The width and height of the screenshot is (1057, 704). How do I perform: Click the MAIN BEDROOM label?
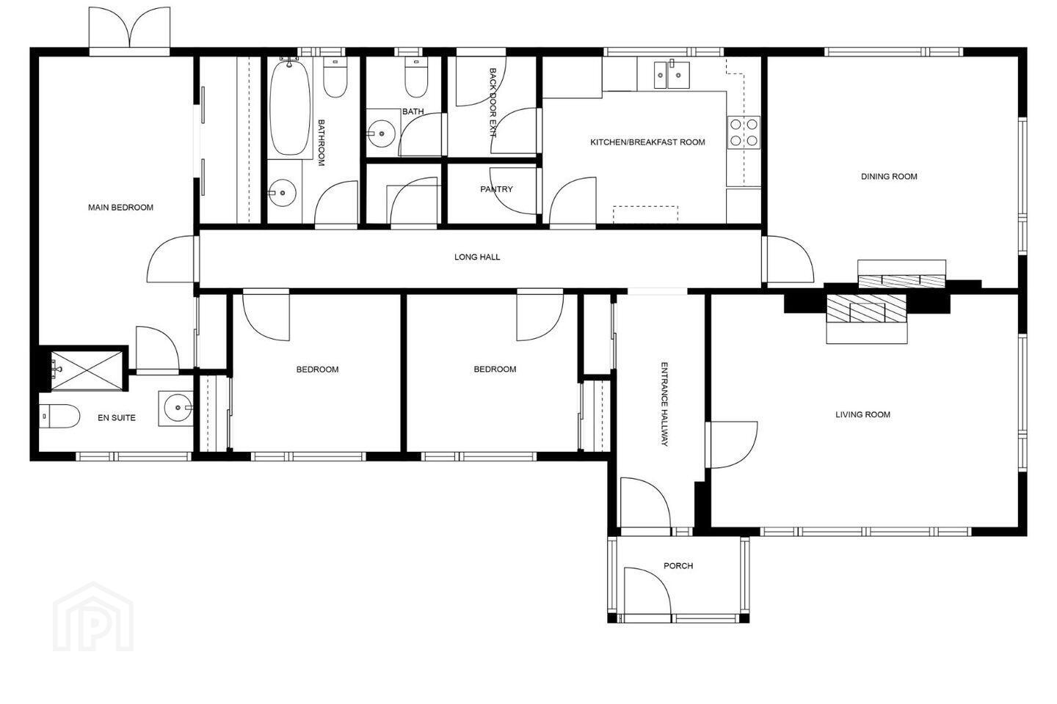(120, 208)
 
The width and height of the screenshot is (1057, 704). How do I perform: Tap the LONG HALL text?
(477, 257)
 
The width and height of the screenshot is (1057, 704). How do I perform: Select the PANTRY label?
(496, 189)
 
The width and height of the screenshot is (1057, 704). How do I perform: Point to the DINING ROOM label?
(889, 177)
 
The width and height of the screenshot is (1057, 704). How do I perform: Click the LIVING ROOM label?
(862, 415)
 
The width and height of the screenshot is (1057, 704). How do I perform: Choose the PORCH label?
(678, 566)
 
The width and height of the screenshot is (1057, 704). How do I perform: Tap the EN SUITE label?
(117, 418)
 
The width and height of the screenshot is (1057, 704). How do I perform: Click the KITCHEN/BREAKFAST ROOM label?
(647, 142)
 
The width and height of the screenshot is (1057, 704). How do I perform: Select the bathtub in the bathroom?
(290, 108)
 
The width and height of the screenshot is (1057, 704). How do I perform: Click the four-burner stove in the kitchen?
(744, 133)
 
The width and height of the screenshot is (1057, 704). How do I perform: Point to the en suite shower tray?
(87, 371)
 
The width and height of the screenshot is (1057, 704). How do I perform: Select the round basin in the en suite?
(176, 408)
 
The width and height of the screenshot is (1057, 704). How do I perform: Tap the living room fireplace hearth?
(867, 319)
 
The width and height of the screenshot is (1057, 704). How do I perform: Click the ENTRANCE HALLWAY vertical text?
(664, 404)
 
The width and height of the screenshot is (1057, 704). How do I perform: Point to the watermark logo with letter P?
(93, 617)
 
